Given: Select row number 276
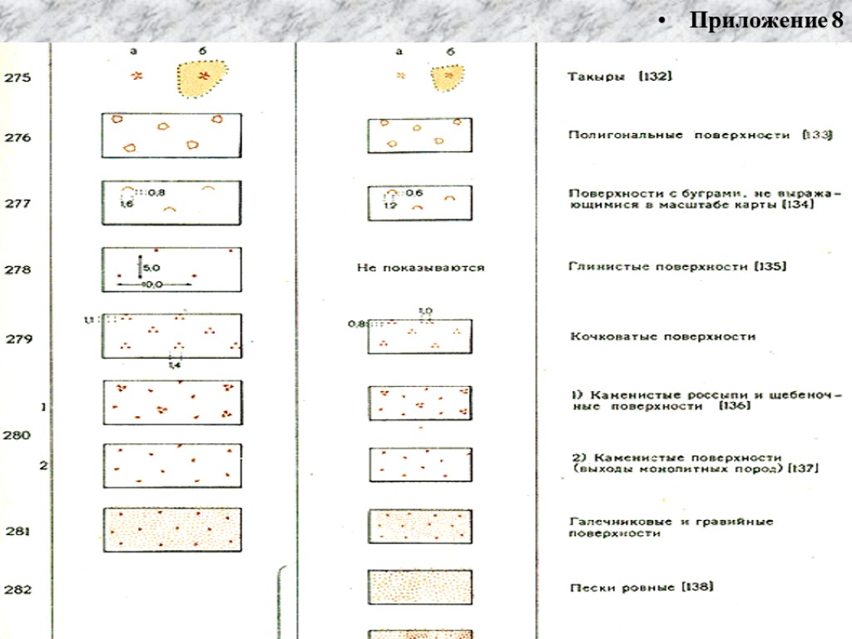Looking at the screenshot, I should click(17, 137).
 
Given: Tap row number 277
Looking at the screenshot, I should click(17, 203).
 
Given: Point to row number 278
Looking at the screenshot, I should click(17, 270).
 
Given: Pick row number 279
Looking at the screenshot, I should click(17, 339).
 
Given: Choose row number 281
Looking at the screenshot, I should click(17, 530).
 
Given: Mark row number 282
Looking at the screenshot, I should click(17, 590).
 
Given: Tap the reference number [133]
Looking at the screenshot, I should click(816, 134).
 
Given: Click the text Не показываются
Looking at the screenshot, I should click(420, 268).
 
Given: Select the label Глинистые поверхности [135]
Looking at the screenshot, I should click(678, 267).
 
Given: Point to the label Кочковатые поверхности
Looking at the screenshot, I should click(662, 337).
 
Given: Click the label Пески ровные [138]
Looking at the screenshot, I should click(641, 587).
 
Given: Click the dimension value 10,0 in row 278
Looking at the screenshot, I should click(152, 284).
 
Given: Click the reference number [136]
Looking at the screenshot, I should click(736, 405).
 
